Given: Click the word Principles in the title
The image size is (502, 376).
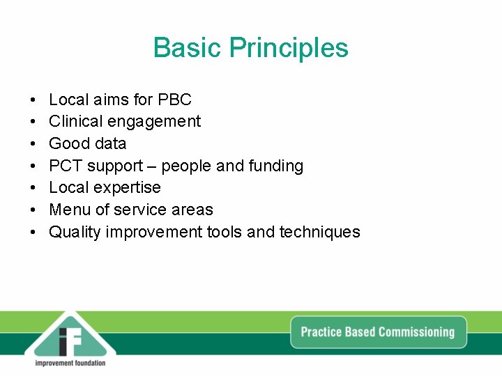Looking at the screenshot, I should [x=289, y=48].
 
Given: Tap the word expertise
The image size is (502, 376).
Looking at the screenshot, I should [x=130, y=188].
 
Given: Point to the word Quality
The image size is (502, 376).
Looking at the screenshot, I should [x=75, y=232].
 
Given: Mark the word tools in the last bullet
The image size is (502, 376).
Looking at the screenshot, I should [x=225, y=232].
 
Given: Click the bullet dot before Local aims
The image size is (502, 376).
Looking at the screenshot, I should [x=33, y=100].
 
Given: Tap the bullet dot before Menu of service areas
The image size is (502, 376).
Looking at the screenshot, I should [x=33, y=210].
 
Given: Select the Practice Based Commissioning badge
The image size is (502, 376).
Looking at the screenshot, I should [x=378, y=332].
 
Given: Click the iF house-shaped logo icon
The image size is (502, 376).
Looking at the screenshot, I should [x=70, y=334].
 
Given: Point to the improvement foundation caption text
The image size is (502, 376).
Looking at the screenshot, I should [x=70, y=363].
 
